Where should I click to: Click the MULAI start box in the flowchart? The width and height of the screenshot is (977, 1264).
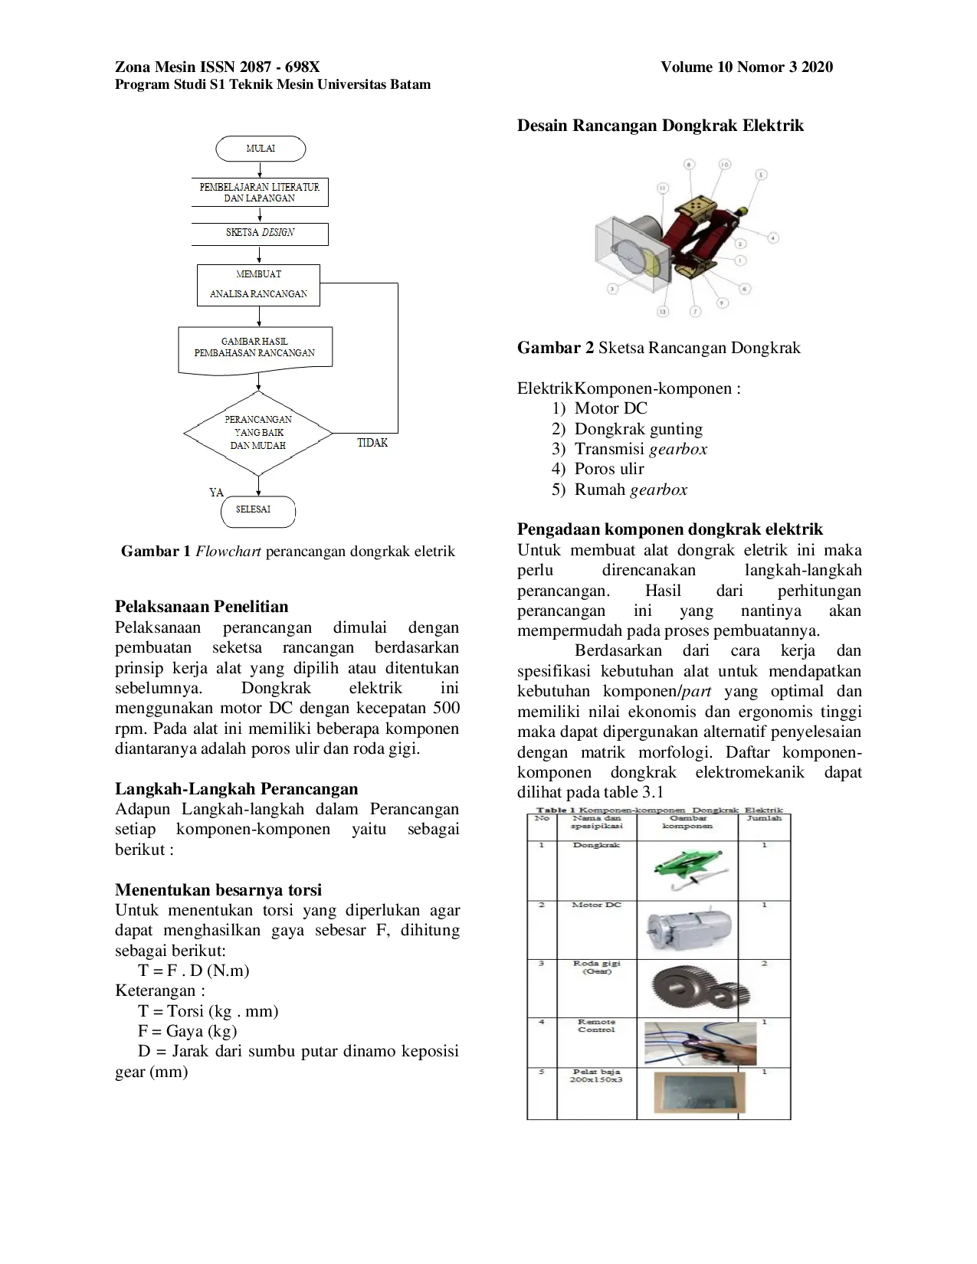coord(261,149)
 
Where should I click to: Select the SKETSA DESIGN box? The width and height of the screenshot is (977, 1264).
coord(260,233)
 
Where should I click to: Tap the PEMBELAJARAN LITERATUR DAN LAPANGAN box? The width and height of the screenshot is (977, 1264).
coord(260,192)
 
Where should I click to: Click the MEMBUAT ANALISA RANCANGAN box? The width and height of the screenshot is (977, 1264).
coord(258,285)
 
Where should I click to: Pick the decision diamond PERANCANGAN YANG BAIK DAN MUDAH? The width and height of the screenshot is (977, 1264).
coord(258,433)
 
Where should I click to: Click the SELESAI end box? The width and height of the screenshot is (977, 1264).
coord(258,510)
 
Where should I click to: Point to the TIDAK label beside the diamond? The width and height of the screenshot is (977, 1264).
coord(372,443)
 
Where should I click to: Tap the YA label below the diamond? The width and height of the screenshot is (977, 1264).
coord(216,493)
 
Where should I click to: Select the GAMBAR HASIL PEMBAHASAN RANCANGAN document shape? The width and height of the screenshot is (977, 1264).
coord(255,349)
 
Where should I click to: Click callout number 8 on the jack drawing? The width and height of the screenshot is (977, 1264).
coord(688,165)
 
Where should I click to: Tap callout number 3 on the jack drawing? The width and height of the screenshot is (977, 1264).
coord(612,289)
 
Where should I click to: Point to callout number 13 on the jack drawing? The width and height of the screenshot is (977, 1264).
coord(662,311)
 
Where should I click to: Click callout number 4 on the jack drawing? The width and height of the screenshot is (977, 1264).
coord(773,238)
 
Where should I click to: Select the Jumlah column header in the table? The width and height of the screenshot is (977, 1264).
coord(764,819)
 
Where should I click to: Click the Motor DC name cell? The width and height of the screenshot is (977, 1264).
coord(596,905)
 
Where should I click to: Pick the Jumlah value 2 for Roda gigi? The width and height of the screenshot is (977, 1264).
coord(764,964)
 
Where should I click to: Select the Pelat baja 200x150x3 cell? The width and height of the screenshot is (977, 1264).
coord(596,1076)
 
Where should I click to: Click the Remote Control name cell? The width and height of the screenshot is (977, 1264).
coord(596,1027)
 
